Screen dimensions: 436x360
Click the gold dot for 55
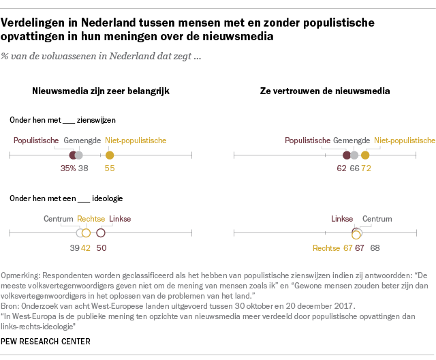[x=110, y=155]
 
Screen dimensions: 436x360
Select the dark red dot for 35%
[x=72, y=155]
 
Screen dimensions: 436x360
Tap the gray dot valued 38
[x=79, y=155]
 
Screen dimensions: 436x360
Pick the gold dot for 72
[x=365, y=155]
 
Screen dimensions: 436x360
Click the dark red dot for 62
[x=347, y=155]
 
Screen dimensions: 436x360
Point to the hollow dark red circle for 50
[x=101, y=233]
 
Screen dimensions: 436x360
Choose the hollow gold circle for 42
[x=87, y=233]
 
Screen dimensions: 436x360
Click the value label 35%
[x=68, y=168]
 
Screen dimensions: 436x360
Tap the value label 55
[x=110, y=168]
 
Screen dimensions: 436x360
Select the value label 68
[x=375, y=248]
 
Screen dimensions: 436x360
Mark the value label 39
[x=74, y=248]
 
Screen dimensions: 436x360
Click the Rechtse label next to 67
[x=326, y=248]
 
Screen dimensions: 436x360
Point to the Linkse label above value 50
[x=120, y=219]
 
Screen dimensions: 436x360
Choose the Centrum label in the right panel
[x=377, y=219]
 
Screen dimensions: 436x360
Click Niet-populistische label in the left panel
[x=136, y=140]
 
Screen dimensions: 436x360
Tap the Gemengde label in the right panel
[x=352, y=140]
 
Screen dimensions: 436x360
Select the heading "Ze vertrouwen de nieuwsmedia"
[x=325, y=91]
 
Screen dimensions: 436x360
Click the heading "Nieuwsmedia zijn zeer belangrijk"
[x=101, y=91]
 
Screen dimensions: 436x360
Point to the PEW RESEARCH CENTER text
[x=46, y=342]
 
